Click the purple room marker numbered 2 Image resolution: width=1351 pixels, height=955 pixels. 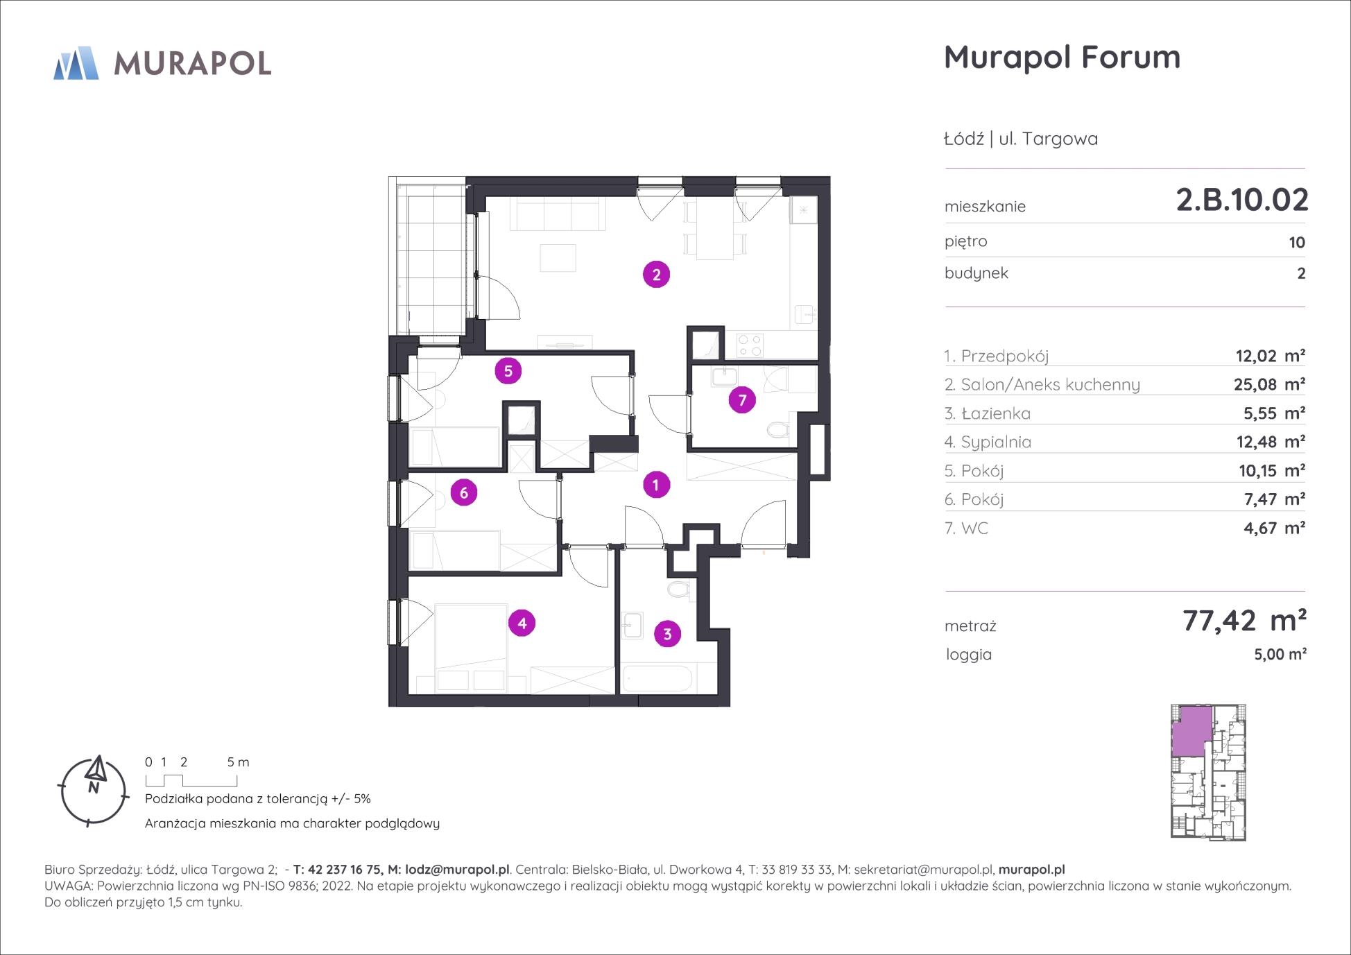656,275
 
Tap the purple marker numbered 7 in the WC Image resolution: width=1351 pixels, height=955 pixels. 742,400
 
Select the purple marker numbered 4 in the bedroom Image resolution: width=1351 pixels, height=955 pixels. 522,623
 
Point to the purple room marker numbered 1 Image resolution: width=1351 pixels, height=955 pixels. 655,485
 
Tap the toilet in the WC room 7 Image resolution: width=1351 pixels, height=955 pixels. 779,429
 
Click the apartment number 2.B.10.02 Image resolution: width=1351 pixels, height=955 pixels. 1242,200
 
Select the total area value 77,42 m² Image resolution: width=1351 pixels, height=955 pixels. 1244,620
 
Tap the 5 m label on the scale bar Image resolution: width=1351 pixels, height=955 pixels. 238,762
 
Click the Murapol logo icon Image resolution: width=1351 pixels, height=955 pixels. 76,63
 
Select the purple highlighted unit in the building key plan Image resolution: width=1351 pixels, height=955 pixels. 1193,731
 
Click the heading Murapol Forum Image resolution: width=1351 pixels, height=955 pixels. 1062,57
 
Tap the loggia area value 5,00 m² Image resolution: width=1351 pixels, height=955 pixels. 1280,654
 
